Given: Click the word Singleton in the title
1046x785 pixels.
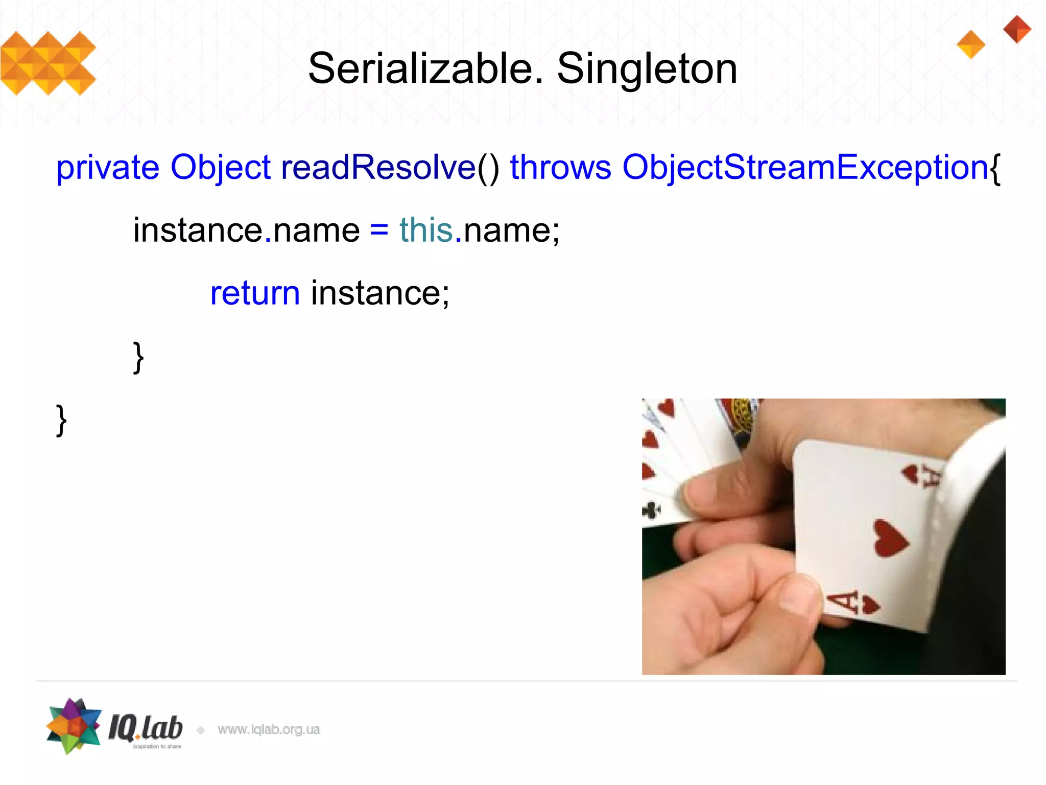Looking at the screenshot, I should (647, 69).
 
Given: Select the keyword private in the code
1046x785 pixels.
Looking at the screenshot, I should (108, 168).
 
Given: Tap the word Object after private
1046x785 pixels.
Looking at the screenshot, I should (220, 168).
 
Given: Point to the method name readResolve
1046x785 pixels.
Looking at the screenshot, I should (378, 168).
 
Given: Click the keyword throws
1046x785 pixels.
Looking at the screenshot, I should (560, 168).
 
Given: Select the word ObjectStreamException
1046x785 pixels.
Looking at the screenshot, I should (805, 168).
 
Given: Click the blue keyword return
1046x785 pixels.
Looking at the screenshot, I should (255, 293).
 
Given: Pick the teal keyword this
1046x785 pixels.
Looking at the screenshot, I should (426, 230).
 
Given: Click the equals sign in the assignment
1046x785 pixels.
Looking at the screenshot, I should (379, 230).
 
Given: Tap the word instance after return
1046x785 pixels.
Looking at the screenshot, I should (380, 293).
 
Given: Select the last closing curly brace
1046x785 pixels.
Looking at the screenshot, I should (61, 420).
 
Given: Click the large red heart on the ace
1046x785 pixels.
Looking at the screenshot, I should (890, 539).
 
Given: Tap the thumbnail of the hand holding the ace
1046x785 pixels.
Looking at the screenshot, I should (823, 537).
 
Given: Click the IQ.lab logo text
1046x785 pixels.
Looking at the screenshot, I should (146, 728).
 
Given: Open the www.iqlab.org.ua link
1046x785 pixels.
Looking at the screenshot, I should (269, 729).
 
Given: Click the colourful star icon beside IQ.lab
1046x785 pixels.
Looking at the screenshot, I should (74, 726).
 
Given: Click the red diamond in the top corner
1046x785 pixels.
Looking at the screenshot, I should (1017, 29).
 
